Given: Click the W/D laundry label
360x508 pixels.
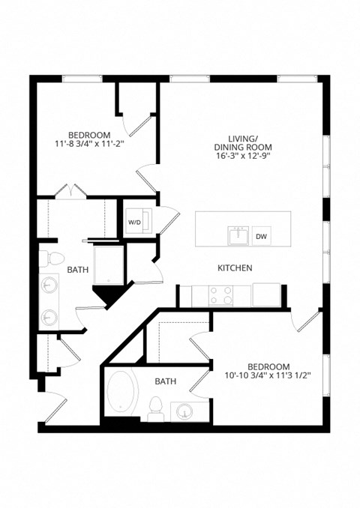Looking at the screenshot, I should point(134,223).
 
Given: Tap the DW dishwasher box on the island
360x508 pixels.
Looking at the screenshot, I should point(261,237).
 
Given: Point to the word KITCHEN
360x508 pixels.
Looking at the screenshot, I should point(234,267).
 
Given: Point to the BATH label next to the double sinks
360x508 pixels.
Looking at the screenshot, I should point(78,270).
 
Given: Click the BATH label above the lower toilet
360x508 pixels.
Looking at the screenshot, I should point(165,381).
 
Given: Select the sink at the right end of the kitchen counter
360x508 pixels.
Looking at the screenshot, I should point(265,294).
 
